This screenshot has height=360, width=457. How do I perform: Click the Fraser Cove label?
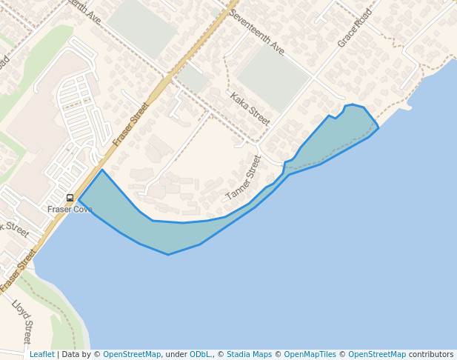pyautogui.click(x=70, y=210)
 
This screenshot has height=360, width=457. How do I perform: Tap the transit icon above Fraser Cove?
pyautogui.click(x=70, y=198)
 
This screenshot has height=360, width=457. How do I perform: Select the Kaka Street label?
pyautogui.click(x=250, y=108)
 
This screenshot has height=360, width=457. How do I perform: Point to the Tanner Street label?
pyautogui.click(x=244, y=178)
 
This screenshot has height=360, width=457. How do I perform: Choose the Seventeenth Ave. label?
pyautogui.click(x=257, y=33)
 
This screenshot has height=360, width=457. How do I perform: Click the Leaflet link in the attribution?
pyautogui.click(x=41, y=355)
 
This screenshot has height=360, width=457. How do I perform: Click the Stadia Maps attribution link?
pyautogui.click(x=249, y=355)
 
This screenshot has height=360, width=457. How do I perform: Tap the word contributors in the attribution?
pyautogui.click(x=430, y=355)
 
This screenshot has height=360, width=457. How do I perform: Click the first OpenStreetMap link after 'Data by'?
pyautogui.click(x=132, y=355)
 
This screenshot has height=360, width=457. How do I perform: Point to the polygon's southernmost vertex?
pyautogui.click(x=168, y=255)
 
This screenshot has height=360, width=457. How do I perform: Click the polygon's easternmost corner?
pyautogui.click(x=378, y=128)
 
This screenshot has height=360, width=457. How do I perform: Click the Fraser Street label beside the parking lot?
pyautogui.click(x=131, y=123)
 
